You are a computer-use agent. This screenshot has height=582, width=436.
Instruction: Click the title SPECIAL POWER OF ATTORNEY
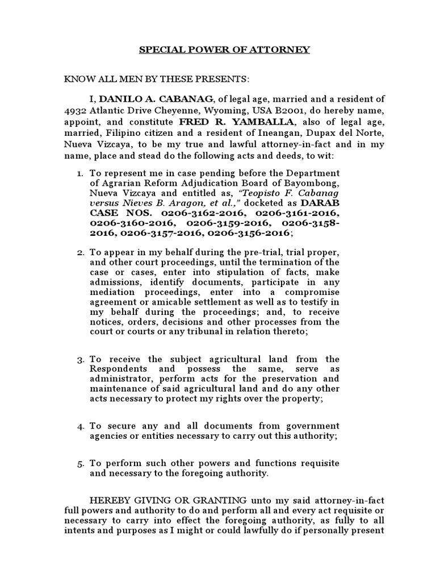(x=225, y=50)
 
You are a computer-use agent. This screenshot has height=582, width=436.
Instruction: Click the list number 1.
(x=80, y=173)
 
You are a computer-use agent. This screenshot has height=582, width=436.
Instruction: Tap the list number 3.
(x=80, y=359)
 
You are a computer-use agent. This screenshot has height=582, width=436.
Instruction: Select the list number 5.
(x=80, y=464)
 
